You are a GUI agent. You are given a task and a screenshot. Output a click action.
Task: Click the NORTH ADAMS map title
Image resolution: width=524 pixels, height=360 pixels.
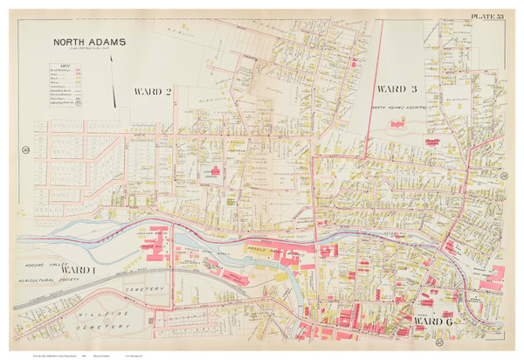click(x=90, y=41)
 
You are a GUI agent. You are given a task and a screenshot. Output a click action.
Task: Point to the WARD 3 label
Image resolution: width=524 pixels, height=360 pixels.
click(x=396, y=90)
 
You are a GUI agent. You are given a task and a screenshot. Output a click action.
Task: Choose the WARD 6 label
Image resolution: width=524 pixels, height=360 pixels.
click(x=426, y=322)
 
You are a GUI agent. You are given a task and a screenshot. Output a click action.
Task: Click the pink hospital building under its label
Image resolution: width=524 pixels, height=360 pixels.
click(x=397, y=124)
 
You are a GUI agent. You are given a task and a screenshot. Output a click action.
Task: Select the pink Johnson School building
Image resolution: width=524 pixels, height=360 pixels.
click(x=212, y=171)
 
